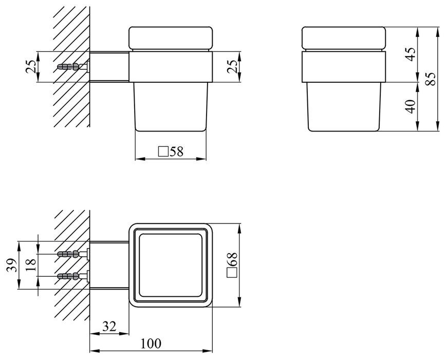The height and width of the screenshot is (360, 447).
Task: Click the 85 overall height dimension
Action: tap(431, 79)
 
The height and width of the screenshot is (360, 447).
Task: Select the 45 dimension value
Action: tap(411, 54)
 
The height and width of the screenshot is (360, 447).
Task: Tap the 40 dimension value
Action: tap(411, 106)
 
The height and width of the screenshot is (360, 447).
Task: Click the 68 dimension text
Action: tap(232, 259)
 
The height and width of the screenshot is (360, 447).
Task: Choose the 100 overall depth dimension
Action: tap(151, 344)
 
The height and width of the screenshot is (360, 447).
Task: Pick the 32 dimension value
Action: tap(109, 327)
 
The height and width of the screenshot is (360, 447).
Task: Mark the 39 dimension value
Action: tap(12, 265)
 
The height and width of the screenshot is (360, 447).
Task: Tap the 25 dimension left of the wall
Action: tap(31, 67)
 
